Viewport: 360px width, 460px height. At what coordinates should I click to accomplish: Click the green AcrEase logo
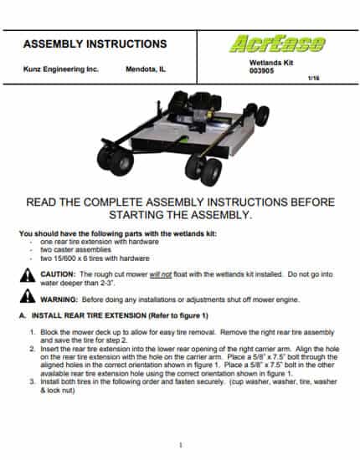pyautogui.click(x=277, y=44)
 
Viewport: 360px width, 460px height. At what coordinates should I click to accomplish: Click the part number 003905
pyautogui.click(x=262, y=71)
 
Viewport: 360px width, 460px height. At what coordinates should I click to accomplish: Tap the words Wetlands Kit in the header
pyautogui.click(x=271, y=63)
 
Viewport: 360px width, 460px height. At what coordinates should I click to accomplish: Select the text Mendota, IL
pyautogui.click(x=146, y=69)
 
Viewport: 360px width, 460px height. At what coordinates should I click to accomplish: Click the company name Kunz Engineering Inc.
pyautogui.click(x=61, y=69)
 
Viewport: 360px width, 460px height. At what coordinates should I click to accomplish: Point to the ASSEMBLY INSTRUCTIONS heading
pyautogui.click(x=95, y=44)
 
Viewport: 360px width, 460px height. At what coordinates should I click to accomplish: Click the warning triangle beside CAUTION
pyautogui.click(x=28, y=275)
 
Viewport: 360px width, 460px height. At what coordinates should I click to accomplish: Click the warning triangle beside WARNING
pyautogui.click(x=28, y=296)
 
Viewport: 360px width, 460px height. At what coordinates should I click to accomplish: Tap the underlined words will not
pyautogui.click(x=161, y=274)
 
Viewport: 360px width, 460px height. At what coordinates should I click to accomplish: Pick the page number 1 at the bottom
pyautogui.click(x=181, y=445)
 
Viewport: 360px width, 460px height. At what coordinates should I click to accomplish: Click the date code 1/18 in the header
pyautogui.click(x=314, y=79)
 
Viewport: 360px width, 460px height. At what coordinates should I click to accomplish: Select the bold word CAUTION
pyautogui.click(x=58, y=274)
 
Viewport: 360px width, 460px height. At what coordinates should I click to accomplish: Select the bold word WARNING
pyautogui.click(x=59, y=299)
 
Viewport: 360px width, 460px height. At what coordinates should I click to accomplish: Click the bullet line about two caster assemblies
pyautogui.click(x=75, y=250)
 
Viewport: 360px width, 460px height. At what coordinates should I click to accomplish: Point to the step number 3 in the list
pyautogui.click(x=33, y=382)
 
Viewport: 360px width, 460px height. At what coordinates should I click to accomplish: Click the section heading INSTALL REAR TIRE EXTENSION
pyautogui.click(x=89, y=315)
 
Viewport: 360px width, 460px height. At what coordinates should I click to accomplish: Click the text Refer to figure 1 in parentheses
pyautogui.click(x=178, y=315)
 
